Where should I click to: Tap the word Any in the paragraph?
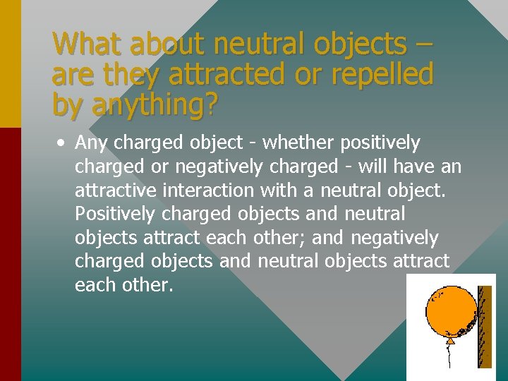coord(92,144)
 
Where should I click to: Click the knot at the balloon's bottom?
coord(449,341)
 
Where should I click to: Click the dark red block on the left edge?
coord(10,254)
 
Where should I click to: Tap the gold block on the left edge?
coord(10,64)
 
